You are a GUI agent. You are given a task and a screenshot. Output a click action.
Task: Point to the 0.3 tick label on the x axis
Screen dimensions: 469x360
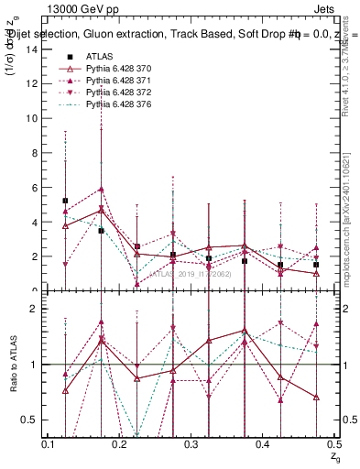191,444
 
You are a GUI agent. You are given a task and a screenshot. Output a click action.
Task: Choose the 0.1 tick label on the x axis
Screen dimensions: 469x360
49,444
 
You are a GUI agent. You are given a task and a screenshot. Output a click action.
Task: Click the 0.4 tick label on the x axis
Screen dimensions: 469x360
262,444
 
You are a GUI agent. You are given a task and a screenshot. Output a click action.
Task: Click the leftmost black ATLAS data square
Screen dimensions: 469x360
65,201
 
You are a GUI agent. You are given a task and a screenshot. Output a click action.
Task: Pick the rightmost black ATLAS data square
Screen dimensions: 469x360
315,265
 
